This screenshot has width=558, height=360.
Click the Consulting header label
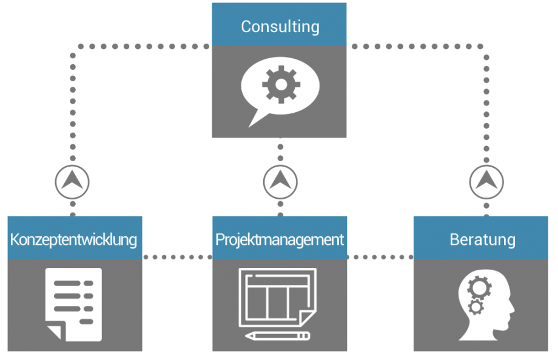click(x=280, y=27)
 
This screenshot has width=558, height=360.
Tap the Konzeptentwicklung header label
click(x=74, y=239)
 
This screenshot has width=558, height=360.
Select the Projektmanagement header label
click(x=280, y=239)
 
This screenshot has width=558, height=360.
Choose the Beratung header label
click(x=482, y=239)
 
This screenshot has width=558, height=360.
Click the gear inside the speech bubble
click(x=280, y=85)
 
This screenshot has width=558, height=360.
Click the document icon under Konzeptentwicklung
click(x=74, y=303)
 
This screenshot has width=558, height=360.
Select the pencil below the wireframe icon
click(x=277, y=335)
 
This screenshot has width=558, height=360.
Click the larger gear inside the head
click(x=479, y=286)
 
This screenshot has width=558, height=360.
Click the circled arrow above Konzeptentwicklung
click(x=72, y=181)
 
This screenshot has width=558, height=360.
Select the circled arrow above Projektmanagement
click(x=280, y=181)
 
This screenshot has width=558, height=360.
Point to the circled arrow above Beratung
click(x=486, y=181)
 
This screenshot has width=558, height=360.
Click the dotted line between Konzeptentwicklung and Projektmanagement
click(x=177, y=257)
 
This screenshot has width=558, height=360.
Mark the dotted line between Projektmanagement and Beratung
click(x=380, y=257)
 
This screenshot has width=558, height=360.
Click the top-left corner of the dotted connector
click(x=73, y=47)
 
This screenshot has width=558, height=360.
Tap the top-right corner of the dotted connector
click(x=485, y=47)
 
